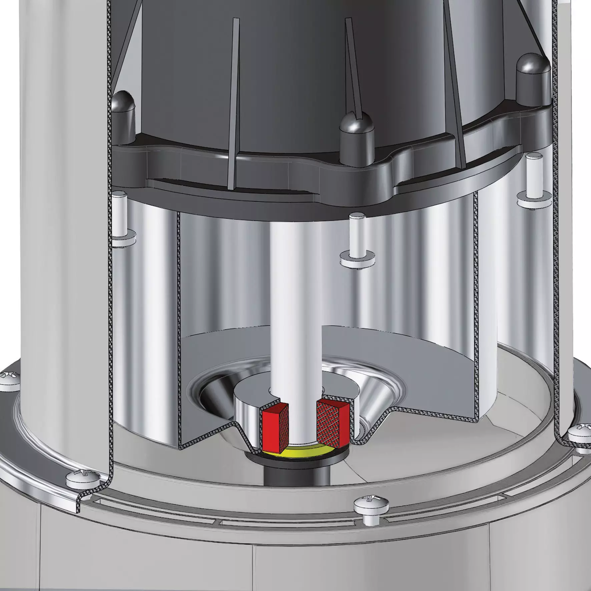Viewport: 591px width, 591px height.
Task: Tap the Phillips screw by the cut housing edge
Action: (x=83, y=481)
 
